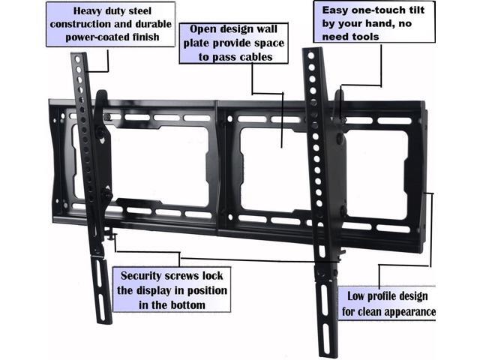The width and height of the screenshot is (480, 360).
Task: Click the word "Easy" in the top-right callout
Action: pos(337,10)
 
